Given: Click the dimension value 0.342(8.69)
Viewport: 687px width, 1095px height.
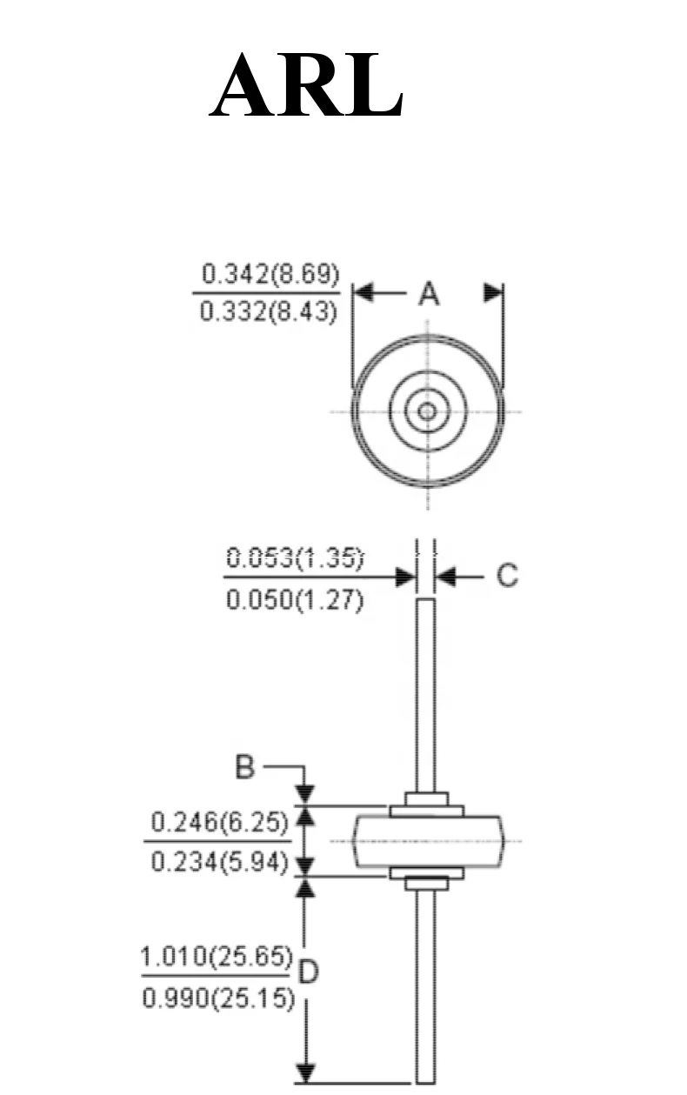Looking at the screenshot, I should coord(270,274).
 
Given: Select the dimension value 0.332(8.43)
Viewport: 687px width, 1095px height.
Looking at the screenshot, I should coord(269,311).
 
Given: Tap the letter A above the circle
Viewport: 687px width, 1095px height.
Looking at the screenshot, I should coord(428,295).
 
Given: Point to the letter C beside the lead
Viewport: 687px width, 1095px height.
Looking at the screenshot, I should coord(506,576).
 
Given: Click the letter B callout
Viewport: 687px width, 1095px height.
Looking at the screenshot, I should coord(247,768).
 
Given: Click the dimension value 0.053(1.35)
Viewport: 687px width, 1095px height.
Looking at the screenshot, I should coord(295,557).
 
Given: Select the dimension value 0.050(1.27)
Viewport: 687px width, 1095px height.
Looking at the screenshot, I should coord(295,601).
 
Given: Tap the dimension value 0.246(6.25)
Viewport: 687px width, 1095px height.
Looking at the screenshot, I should coord(219,821).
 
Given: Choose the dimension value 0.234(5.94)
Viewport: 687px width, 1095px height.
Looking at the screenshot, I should coord(219,862).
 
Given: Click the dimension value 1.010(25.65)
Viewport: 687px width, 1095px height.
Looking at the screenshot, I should coord(217,958).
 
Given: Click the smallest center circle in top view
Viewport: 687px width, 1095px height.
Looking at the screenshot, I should coord(427,411).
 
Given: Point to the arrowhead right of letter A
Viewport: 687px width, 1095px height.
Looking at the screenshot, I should coord(493,293).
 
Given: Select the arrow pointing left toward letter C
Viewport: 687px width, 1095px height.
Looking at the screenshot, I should coord(448,576).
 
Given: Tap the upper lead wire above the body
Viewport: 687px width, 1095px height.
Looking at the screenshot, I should coord(425,696).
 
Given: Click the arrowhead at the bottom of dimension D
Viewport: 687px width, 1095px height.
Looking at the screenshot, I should coord(304,1071).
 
